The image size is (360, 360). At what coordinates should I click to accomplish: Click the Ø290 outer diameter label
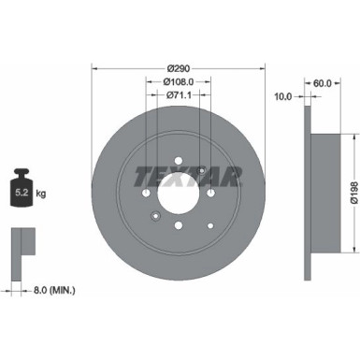pyautogui.click(x=179, y=68)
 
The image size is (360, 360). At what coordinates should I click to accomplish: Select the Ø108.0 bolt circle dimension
pyautogui.click(x=179, y=81)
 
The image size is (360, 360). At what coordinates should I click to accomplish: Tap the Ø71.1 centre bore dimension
pyautogui.click(x=179, y=94)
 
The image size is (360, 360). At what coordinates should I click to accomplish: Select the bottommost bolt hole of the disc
pyautogui.click(x=179, y=225)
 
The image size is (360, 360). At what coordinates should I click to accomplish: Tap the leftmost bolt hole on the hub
pyautogui.click(x=147, y=193)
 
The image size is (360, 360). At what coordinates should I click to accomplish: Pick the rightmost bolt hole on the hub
pyautogui.click(x=211, y=193)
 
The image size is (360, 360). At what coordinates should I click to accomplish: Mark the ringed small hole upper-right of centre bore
pyautogui.click(x=201, y=169)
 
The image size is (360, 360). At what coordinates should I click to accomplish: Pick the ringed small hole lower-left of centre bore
pyautogui.click(x=155, y=215)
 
